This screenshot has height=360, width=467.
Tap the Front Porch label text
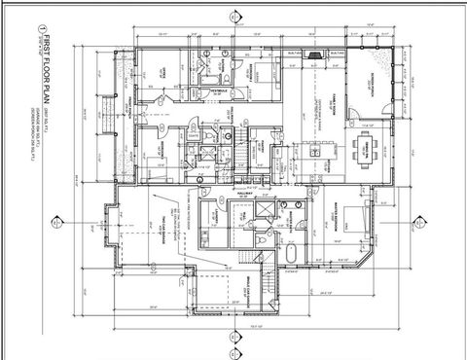pos(125,107)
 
